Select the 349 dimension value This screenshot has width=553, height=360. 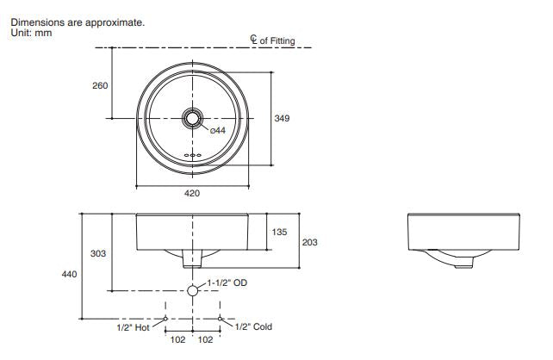pyautogui.click(x=282, y=118)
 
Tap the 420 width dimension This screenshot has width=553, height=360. pyautogui.click(x=192, y=194)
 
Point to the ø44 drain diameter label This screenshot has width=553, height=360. pyautogui.click(x=217, y=131)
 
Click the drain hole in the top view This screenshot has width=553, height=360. pyautogui.click(x=192, y=116)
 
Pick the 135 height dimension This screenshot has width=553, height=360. pyautogui.click(x=280, y=231)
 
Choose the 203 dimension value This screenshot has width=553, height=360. pyautogui.click(x=309, y=243)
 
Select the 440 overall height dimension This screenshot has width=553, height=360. pyautogui.click(x=70, y=274)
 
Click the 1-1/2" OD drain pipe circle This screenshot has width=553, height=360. pyautogui.click(x=192, y=290)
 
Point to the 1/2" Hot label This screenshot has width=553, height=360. pyautogui.click(x=134, y=327)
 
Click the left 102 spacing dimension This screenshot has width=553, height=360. pyautogui.click(x=178, y=339)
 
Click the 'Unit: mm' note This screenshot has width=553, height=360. pyautogui.click(x=31, y=32)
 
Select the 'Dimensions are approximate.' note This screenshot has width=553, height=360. pyautogui.click(x=77, y=22)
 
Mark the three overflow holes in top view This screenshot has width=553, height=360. pyautogui.click(x=192, y=156)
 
